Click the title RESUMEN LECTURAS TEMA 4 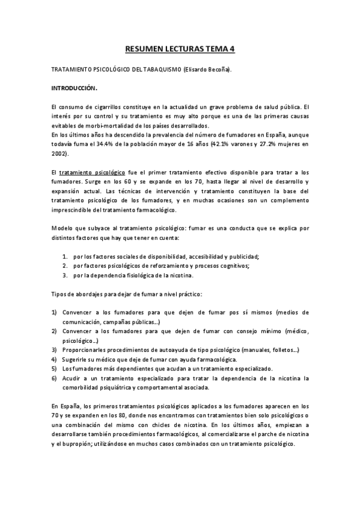click(x=180, y=51)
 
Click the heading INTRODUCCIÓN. click(x=74, y=88)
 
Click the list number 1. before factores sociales click(x=65, y=256)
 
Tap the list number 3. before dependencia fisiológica click(x=65, y=275)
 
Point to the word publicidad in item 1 click(x=243, y=256)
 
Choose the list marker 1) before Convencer click(x=54, y=312)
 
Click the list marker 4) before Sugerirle click(x=54, y=359)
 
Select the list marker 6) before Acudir click(x=54, y=378)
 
